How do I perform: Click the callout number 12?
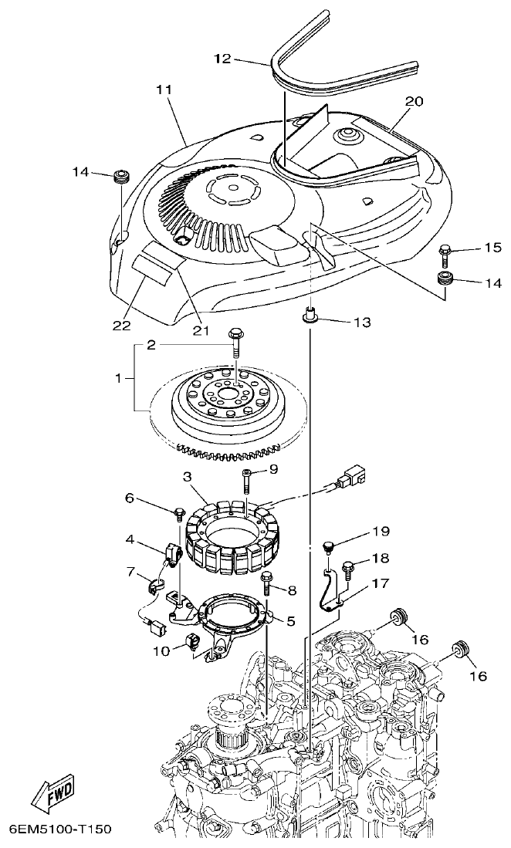222,59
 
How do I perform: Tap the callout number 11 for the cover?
163,90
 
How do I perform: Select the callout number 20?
415,101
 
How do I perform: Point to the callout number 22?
122,325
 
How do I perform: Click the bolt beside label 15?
446,250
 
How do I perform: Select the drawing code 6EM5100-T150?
60,829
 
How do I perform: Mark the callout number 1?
118,379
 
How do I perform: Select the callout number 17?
379,584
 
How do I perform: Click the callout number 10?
161,651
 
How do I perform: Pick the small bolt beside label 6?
178,511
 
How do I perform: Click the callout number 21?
201,330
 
